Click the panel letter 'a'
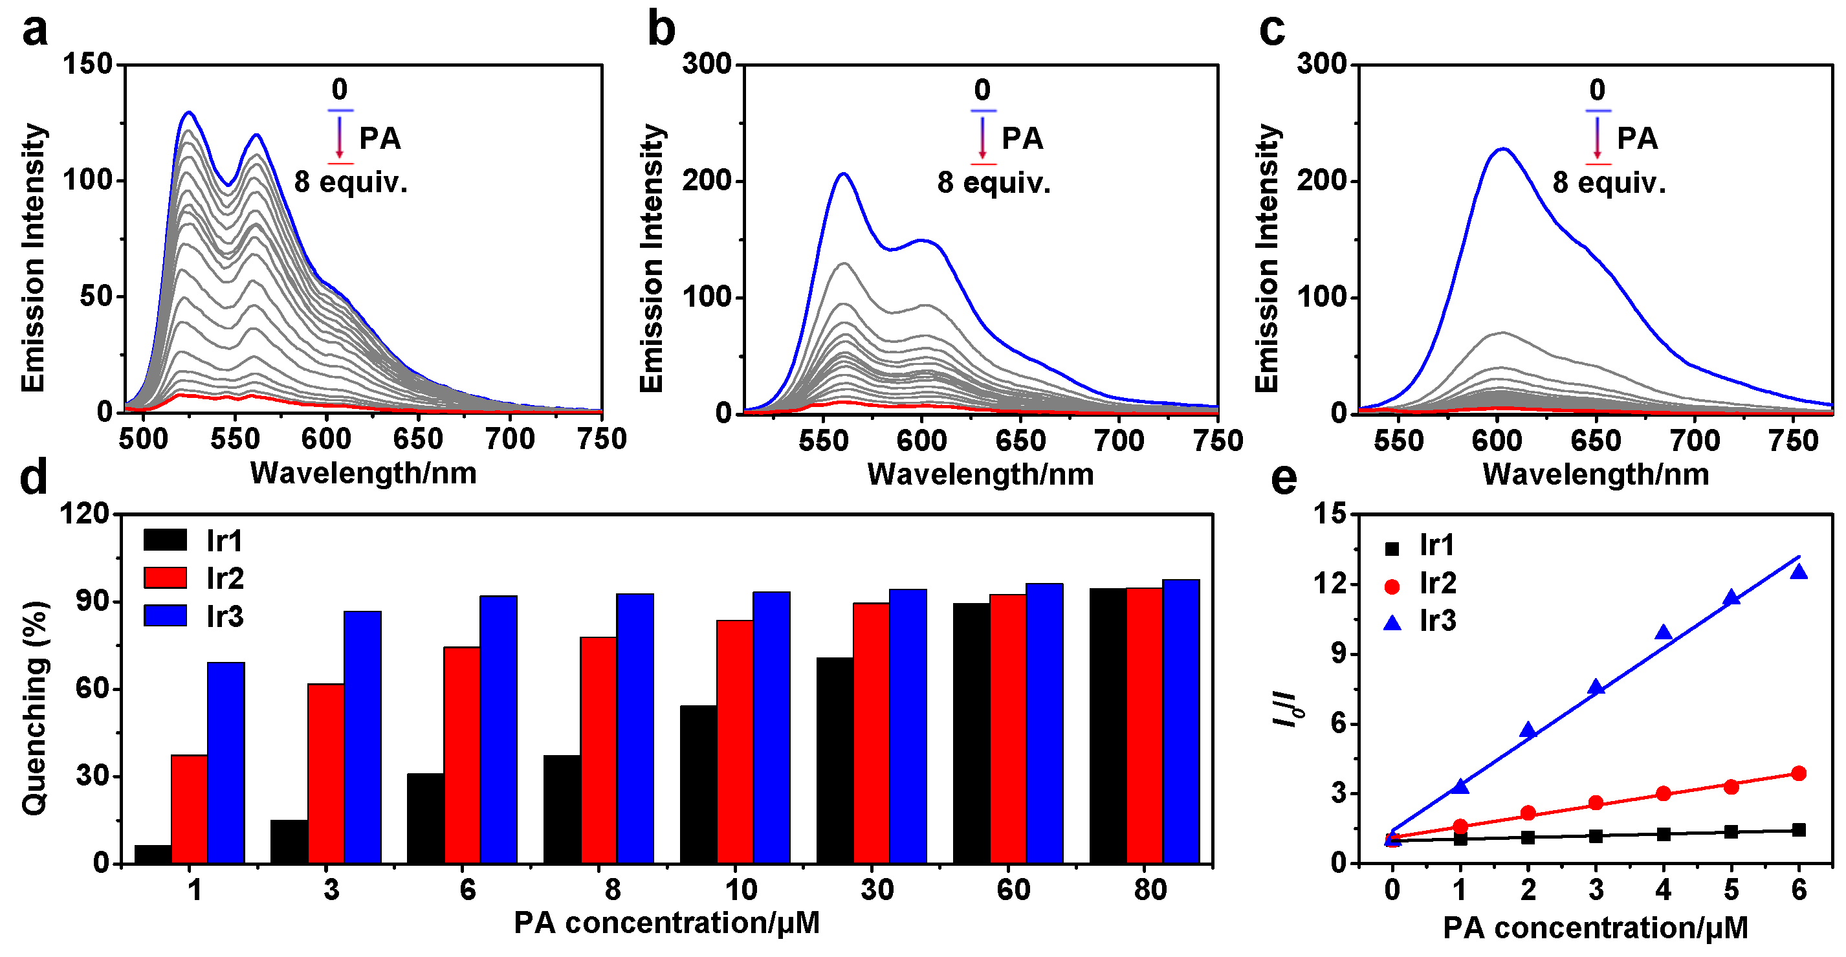(x=34, y=32)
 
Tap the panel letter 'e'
(x=1284, y=479)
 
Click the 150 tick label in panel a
(x=87, y=64)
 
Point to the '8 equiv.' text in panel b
(x=993, y=183)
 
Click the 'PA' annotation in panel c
(x=1637, y=138)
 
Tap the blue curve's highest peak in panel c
(x=1502, y=149)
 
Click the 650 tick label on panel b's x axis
(x=1020, y=440)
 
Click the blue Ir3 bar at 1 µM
(x=226, y=762)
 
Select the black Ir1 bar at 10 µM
(x=698, y=784)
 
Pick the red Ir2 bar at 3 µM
(x=325, y=773)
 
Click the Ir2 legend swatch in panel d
(x=165, y=578)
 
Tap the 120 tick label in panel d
(x=84, y=514)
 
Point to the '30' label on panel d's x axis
(x=877, y=890)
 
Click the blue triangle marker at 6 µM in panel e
(x=1798, y=571)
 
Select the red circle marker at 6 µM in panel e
(x=1798, y=773)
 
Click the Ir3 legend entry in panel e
(x=1419, y=621)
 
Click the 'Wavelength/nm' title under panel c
(x=1595, y=474)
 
